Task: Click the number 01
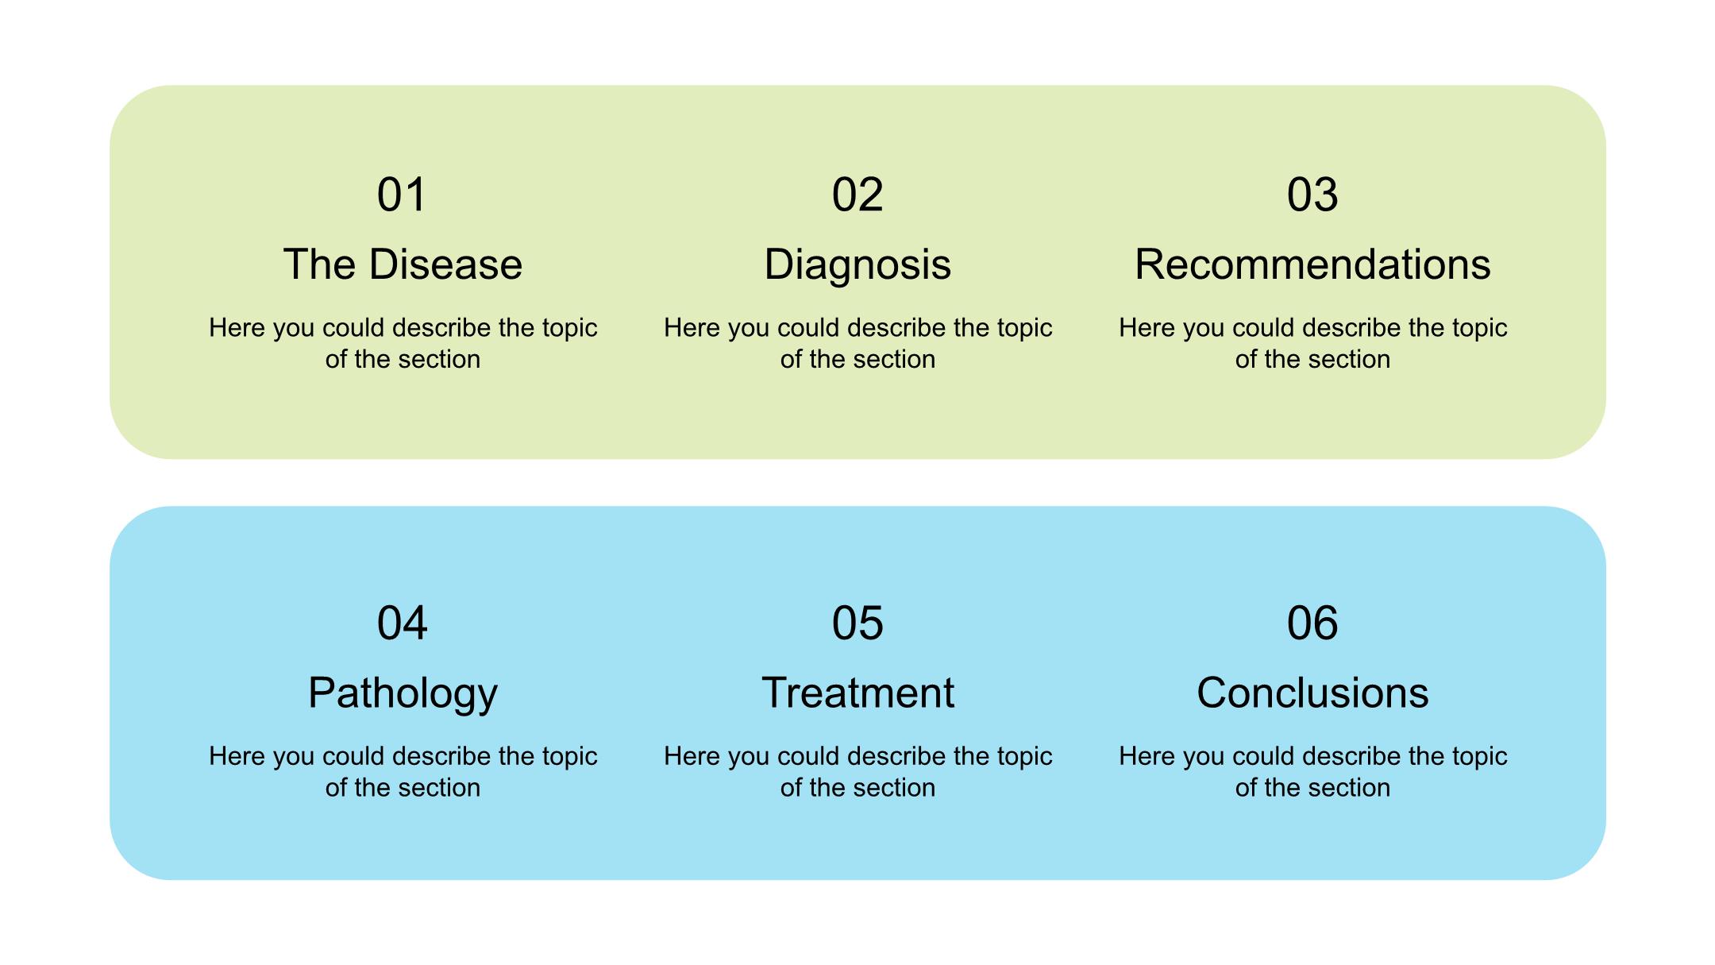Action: (x=402, y=195)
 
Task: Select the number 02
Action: (x=857, y=195)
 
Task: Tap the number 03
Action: (x=1312, y=195)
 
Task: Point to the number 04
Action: (x=402, y=623)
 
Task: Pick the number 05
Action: (x=857, y=623)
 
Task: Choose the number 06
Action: (x=1312, y=623)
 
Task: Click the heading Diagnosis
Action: (x=857, y=265)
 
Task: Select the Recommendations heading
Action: (x=1312, y=264)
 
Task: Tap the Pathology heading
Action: (x=403, y=694)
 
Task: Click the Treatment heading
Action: (x=857, y=693)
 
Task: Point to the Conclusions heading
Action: (x=1312, y=693)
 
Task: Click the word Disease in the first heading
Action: (x=446, y=264)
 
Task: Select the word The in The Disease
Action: (x=320, y=264)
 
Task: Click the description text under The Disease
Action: (x=403, y=344)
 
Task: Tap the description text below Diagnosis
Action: (x=857, y=344)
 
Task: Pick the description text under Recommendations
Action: (x=1312, y=344)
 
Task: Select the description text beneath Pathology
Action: (x=403, y=772)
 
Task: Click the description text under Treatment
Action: (x=857, y=772)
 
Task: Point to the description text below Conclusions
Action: (x=1312, y=772)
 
